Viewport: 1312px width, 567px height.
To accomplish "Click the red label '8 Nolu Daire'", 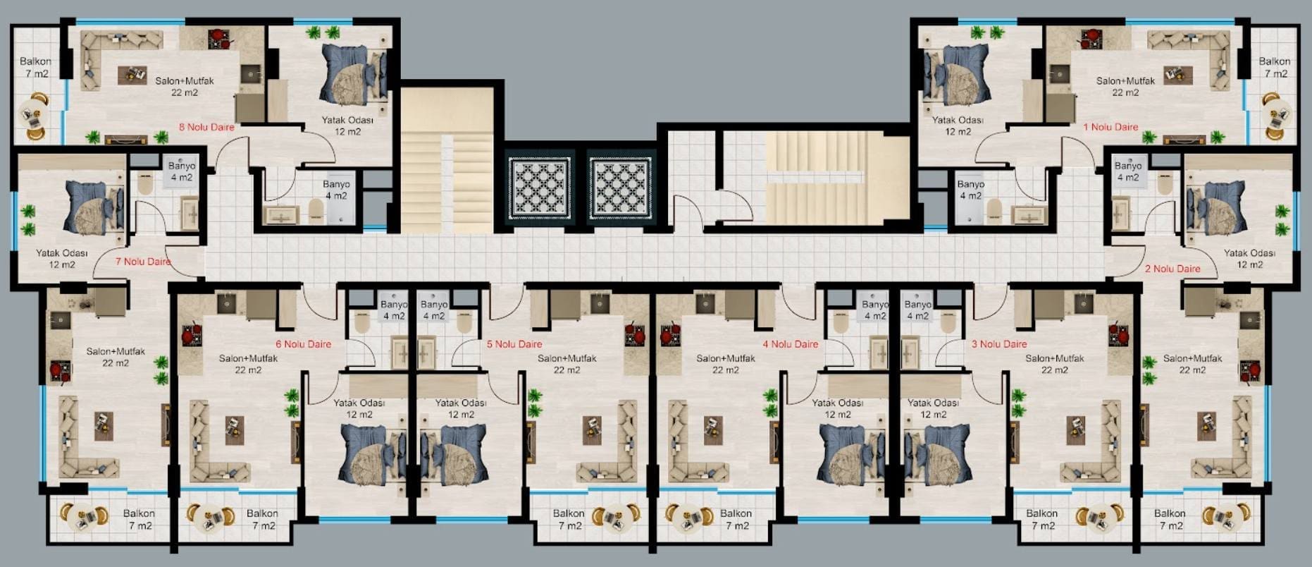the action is [x=206, y=127].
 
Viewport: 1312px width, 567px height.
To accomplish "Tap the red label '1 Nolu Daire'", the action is [x=1110, y=127].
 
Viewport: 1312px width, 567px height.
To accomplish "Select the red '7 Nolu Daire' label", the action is [x=143, y=262].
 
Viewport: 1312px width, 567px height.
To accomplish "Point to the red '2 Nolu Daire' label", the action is [x=1172, y=269].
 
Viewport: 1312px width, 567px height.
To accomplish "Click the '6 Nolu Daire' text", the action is [x=303, y=344].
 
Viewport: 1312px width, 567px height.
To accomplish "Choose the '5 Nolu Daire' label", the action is [x=514, y=344].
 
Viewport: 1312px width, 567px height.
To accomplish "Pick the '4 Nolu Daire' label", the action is [x=791, y=344].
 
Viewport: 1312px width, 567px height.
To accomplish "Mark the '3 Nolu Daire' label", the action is [x=999, y=344].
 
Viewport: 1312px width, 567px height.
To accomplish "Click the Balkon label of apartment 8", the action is [x=36, y=68].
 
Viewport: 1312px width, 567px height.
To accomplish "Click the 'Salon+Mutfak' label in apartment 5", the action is [x=567, y=364].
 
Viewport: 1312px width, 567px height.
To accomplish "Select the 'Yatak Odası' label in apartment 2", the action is [x=1249, y=259].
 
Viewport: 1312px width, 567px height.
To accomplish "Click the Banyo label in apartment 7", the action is [x=182, y=171].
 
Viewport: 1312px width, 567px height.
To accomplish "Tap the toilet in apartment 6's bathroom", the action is [x=362, y=322].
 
